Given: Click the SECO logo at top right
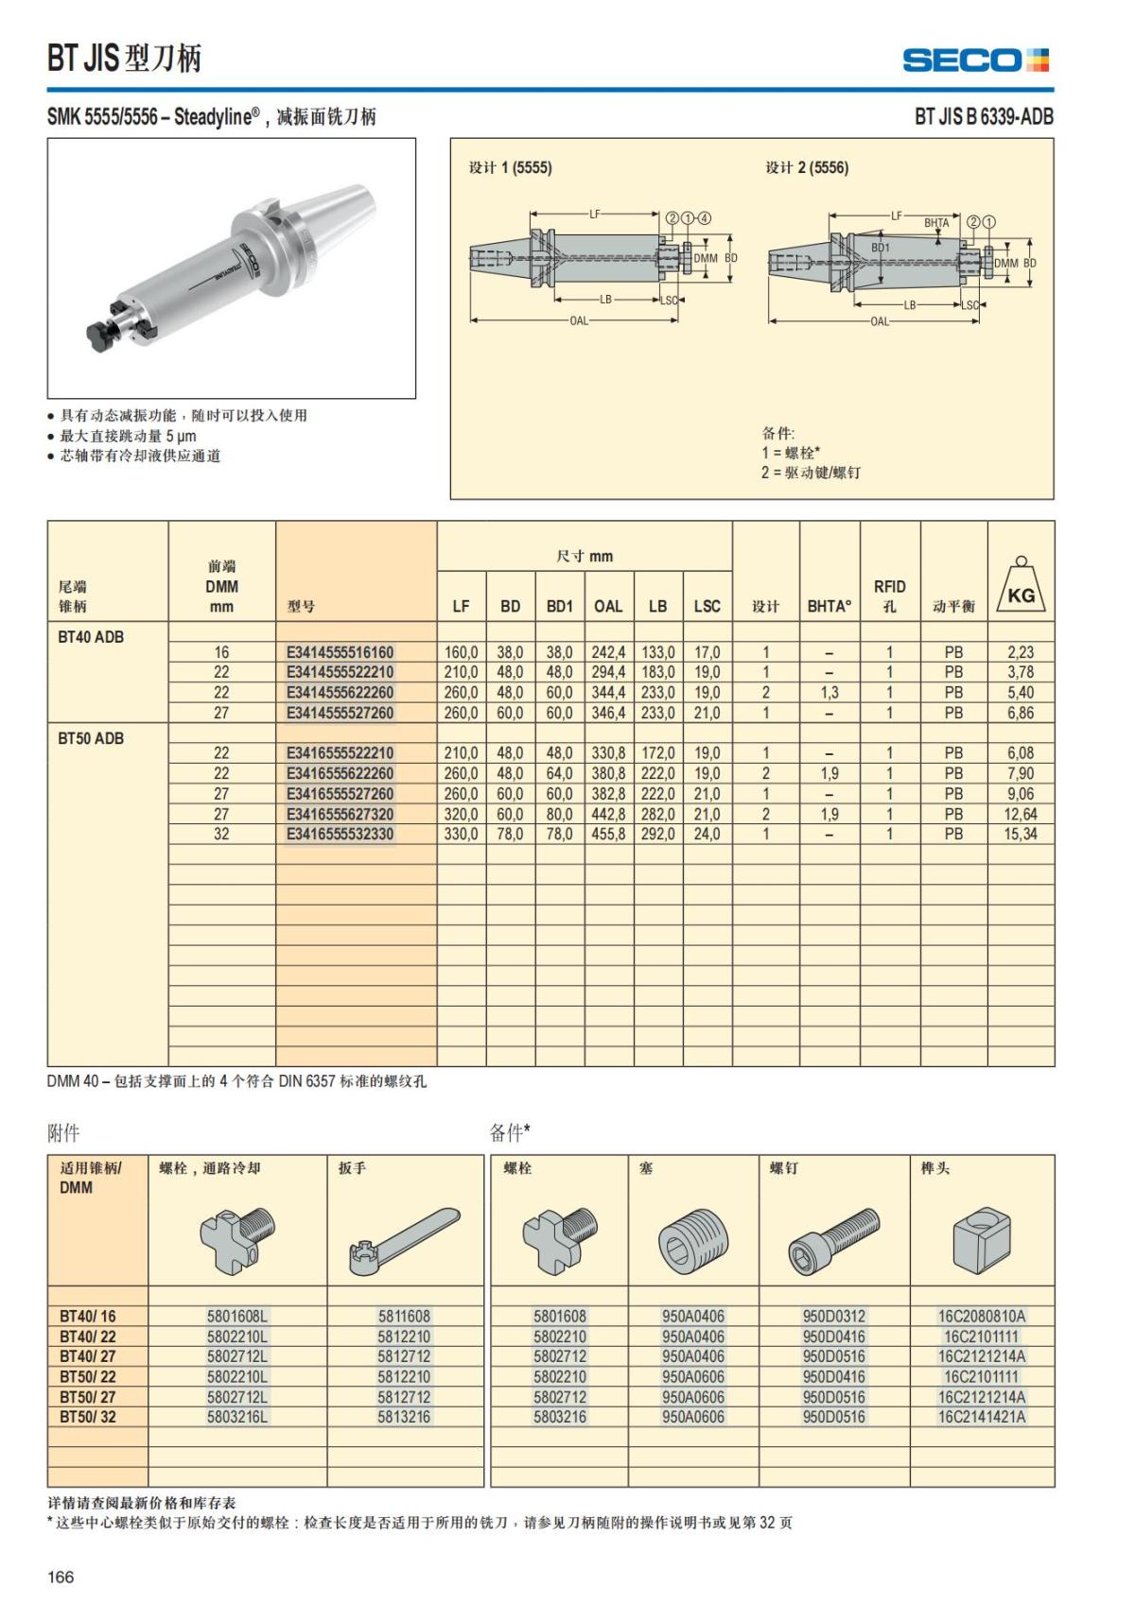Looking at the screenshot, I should [x=975, y=60].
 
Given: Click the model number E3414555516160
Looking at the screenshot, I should [x=340, y=652].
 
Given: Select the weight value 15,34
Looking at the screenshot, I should [x=1020, y=835].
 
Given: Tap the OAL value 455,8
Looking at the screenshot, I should [x=608, y=835].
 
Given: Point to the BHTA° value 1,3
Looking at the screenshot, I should [x=829, y=693].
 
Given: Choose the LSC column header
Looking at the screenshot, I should [x=707, y=607].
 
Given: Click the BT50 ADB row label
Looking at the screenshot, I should [x=91, y=738].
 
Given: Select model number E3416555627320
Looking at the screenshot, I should [x=340, y=815].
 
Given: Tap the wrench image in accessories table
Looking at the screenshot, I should [x=405, y=1239].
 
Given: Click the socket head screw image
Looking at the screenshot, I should [x=833, y=1239].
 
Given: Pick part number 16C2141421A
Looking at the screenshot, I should [x=982, y=1417].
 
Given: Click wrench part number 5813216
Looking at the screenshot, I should [x=404, y=1417].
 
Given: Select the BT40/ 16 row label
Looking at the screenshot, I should [x=87, y=1317].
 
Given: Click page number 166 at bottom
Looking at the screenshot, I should [x=61, y=1577].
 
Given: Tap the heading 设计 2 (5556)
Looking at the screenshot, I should [x=807, y=168].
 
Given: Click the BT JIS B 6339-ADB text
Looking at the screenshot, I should [x=984, y=117].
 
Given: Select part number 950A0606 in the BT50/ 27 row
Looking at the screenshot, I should [x=693, y=1397].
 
